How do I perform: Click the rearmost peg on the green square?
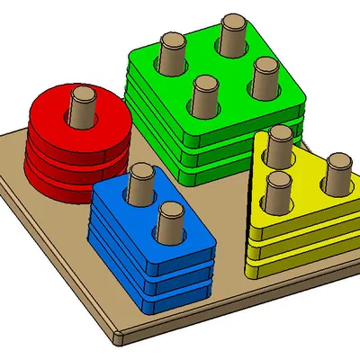click(x=232, y=31)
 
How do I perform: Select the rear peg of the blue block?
click(x=140, y=184)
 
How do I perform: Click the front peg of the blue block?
click(x=168, y=221)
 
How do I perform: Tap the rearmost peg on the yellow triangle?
click(x=279, y=143)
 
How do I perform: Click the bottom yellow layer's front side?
click(x=297, y=263)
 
